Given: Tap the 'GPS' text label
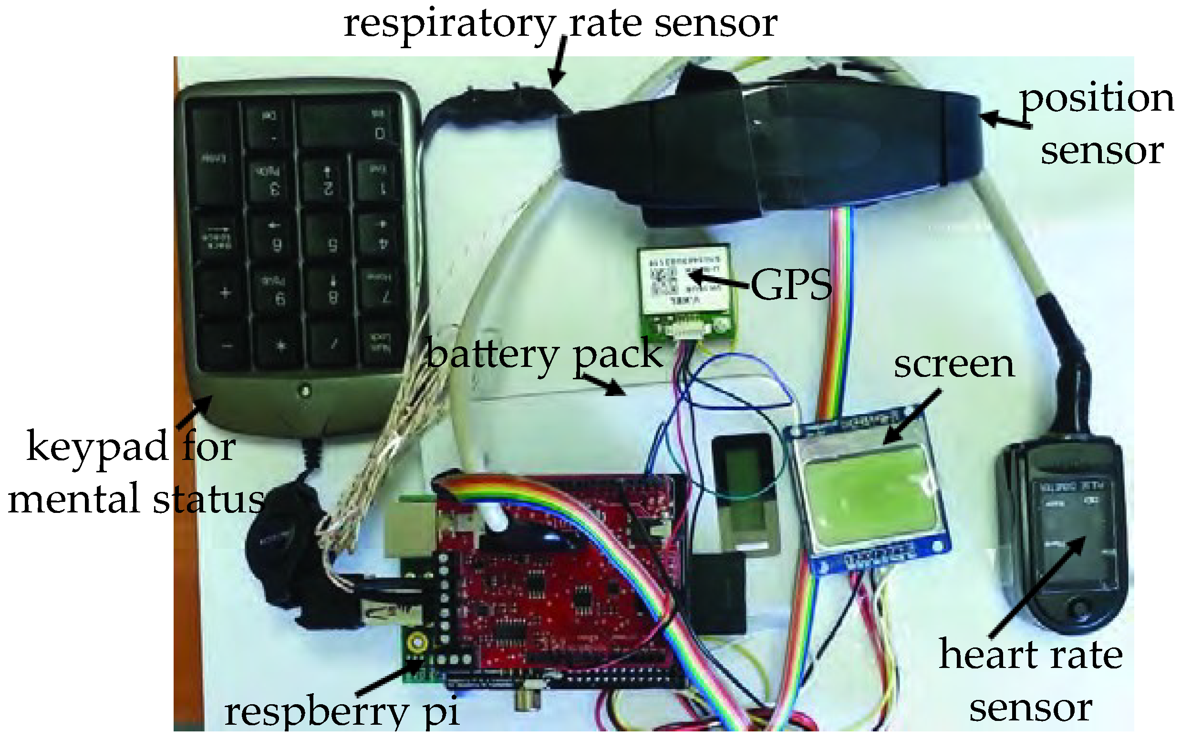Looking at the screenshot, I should click(790, 285).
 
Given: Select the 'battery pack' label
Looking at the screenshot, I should click(544, 354).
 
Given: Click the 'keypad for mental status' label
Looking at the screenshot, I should click(132, 472).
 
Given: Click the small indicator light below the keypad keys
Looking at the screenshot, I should click(305, 391).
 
